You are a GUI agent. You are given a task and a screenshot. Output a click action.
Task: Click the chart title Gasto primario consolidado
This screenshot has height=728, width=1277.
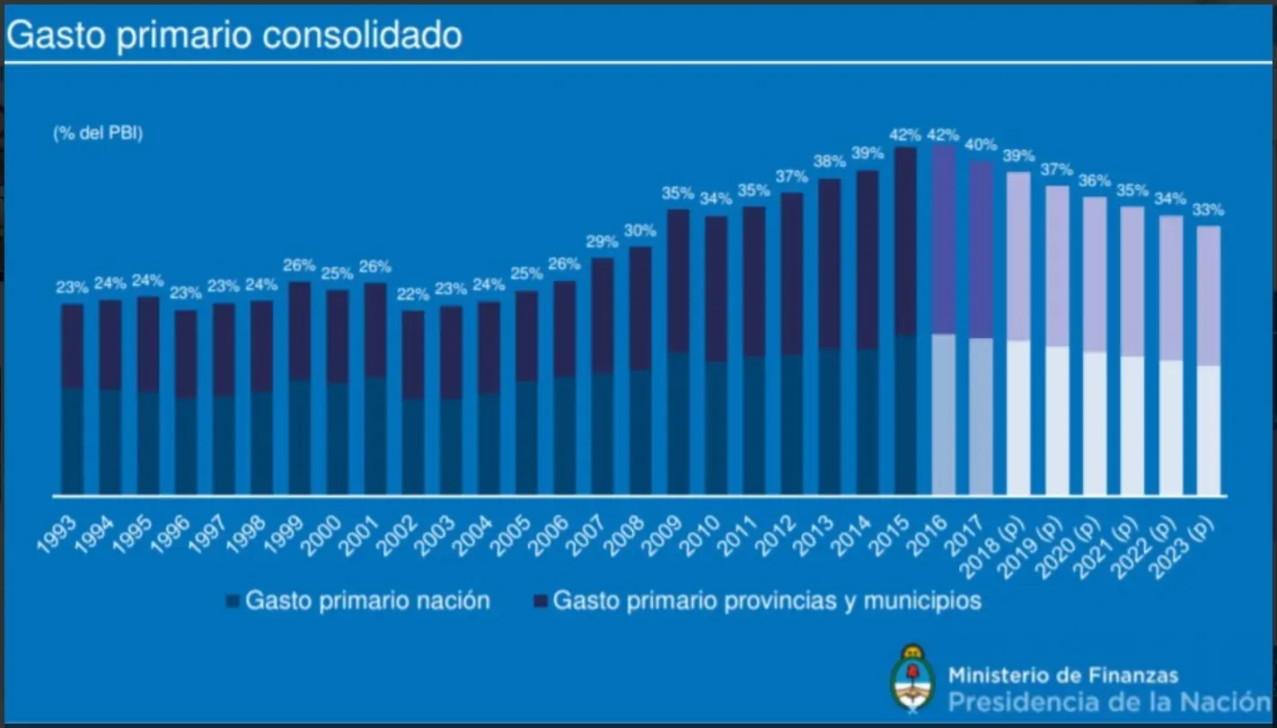[234, 35]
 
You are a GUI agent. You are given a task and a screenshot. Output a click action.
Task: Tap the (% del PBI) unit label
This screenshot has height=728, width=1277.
[98, 133]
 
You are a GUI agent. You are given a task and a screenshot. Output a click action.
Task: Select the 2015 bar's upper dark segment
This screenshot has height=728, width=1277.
[906, 241]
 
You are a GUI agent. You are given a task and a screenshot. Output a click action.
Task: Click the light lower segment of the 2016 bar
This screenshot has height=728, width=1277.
[944, 413]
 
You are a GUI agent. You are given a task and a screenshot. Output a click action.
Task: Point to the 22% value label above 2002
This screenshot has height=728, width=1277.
[414, 295]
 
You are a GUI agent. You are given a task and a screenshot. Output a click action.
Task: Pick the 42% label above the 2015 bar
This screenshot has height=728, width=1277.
[905, 135]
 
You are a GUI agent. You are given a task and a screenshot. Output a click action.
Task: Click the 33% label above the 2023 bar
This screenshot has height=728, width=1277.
[1208, 210]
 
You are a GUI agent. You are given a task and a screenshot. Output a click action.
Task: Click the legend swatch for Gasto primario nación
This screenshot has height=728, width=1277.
[233, 601]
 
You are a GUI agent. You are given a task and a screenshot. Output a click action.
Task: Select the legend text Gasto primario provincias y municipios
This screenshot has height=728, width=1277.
[767, 600]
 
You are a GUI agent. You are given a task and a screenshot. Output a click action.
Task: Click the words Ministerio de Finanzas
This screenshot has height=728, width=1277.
[1063, 674]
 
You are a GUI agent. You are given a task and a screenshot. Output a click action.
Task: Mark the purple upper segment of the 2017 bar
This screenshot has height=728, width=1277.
[982, 250]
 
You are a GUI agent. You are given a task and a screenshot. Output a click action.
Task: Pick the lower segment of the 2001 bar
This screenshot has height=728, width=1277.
[376, 436]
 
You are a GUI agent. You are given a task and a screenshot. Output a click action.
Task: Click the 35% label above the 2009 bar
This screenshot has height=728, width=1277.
[679, 193]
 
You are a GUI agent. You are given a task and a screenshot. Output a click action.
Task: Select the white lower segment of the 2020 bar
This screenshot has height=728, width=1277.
[1095, 422]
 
